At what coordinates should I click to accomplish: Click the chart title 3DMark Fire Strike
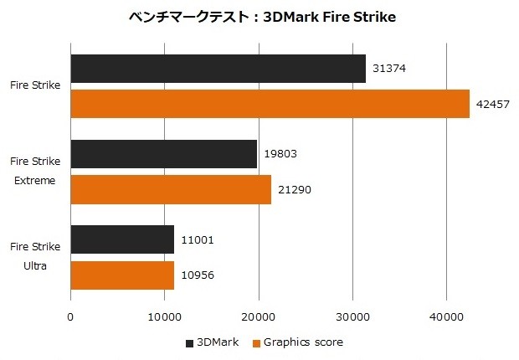tap(259, 17)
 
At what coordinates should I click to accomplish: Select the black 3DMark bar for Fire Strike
tap(218, 69)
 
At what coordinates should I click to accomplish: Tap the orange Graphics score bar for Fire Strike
tap(270, 104)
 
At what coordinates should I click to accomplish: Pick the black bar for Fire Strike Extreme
tap(163, 154)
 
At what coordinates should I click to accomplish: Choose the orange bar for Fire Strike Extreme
tap(171, 189)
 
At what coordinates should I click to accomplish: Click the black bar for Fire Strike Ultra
tap(122, 239)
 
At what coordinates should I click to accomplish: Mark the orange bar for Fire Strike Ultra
tap(122, 275)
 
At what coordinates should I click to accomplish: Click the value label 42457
tap(492, 104)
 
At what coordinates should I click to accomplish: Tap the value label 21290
tap(294, 189)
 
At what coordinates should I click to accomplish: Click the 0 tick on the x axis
tap(70, 316)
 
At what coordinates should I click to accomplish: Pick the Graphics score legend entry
tap(302, 342)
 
